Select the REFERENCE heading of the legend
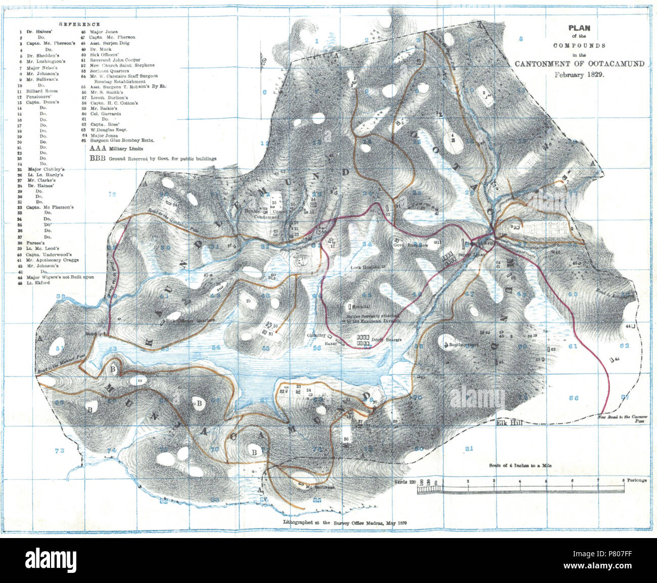79,24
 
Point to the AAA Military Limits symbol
99,149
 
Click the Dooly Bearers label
384,340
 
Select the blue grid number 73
60,450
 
